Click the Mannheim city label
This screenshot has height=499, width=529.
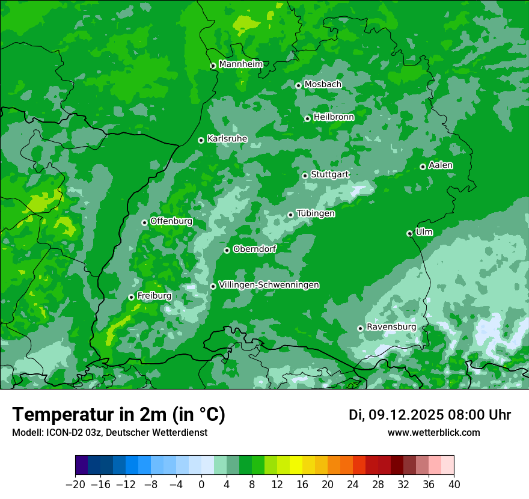coord(240,64)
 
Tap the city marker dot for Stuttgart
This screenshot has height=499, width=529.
coord(305,176)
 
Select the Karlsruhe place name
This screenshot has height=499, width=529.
coord(227,139)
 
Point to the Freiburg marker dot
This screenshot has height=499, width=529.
coord(131,297)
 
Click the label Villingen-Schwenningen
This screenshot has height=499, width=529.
coord(269,285)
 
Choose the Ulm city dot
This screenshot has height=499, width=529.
coord(409,233)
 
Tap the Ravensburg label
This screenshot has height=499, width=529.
coord(391,327)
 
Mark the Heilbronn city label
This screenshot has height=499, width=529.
coord(333,117)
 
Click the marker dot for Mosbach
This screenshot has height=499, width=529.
coord(298,85)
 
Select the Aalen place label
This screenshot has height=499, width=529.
coord(441,165)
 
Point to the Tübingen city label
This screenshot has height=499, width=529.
coord(316,213)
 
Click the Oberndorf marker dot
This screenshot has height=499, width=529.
coord(227,250)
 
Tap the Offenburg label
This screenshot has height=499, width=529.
coord(171,221)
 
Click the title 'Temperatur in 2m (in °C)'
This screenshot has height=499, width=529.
coord(118,415)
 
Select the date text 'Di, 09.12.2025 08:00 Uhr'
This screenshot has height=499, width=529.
coord(429,415)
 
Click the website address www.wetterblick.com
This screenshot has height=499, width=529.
coord(433,433)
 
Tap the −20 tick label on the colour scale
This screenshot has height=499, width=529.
coord(75,485)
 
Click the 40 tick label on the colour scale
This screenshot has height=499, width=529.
coord(454,485)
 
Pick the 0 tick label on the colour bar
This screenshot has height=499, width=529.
coord(201,485)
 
